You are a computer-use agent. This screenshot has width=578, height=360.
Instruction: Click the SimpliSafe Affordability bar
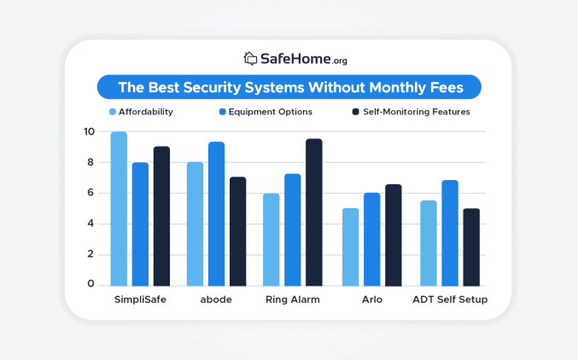(119, 209)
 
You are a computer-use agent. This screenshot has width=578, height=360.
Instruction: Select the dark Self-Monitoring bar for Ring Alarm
(313, 212)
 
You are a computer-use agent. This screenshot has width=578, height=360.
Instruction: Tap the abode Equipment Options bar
(217, 214)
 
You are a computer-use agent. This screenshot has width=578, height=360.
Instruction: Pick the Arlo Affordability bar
(350, 247)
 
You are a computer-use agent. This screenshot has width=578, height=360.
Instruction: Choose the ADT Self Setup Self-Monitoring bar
(470, 247)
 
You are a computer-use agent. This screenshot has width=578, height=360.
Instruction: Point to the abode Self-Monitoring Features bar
(237, 231)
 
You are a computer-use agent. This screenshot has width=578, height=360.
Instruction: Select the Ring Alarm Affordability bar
(271, 240)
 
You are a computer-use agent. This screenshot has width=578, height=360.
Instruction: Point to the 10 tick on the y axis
(90, 132)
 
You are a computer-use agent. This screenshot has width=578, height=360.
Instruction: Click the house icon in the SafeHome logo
(250, 59)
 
